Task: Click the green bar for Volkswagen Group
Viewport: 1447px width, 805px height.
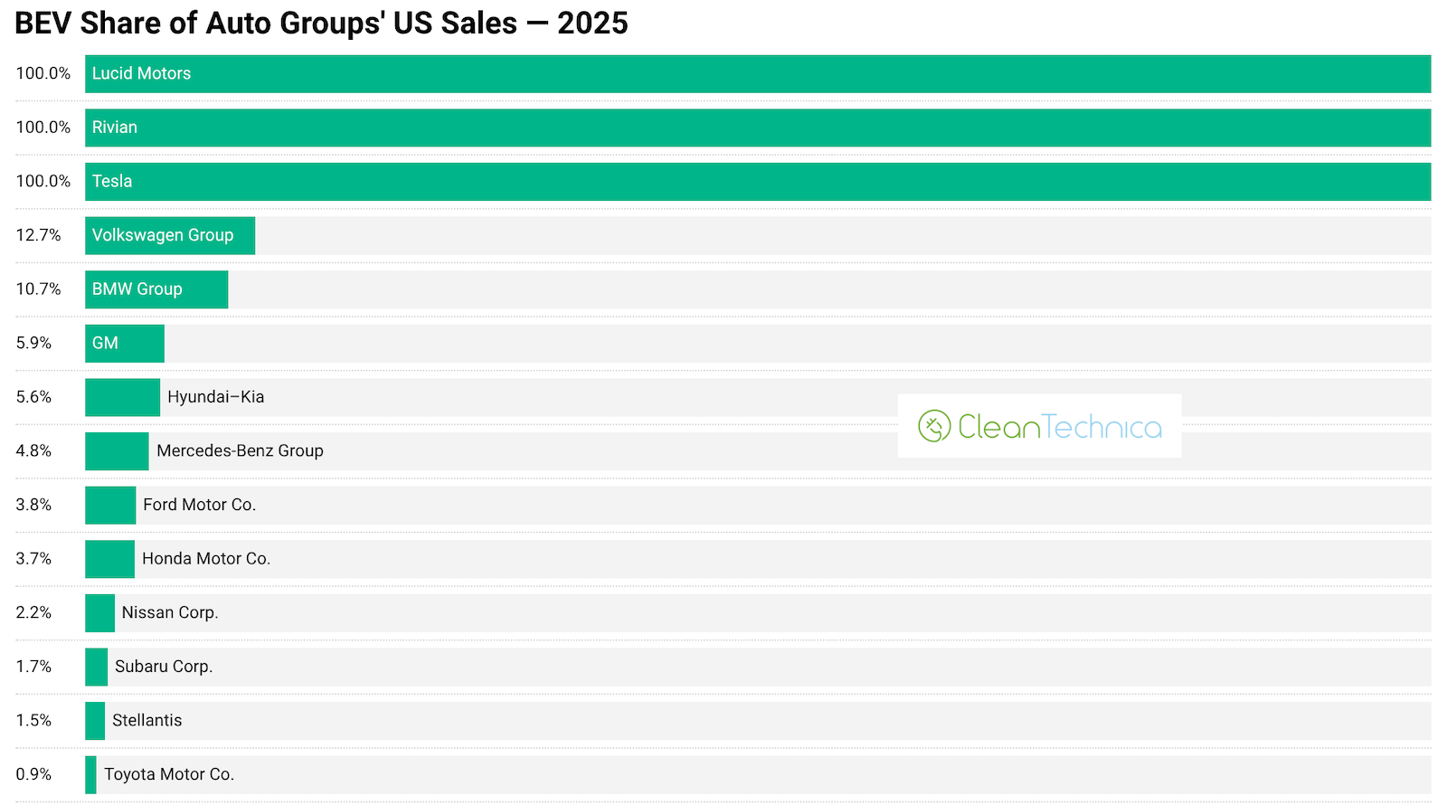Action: (x=170, y=235)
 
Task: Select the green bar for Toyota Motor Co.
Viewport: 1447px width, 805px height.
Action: (x=90, y=775)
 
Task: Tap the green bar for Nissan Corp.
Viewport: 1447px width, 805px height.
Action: (x=99, y=613)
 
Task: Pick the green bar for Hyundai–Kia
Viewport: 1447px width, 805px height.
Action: (x=122, y=398)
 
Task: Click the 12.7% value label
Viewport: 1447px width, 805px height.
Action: (x=38, y=235)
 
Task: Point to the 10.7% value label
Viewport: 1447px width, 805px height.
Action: (x=38, y=289)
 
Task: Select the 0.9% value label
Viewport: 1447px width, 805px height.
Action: (x=33, y=774)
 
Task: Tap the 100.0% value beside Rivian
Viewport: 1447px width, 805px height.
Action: (x=43, y=128)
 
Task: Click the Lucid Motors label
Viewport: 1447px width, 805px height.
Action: (x=141, y=74)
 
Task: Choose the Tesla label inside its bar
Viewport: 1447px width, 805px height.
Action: (x=112, y=182)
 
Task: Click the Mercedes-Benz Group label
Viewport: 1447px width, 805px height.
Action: (x=240, y=450)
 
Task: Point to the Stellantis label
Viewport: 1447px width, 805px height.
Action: (x=147, y=721)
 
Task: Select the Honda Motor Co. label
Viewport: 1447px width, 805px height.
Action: (x=206, y=559)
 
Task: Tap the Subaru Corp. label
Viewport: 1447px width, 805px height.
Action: (x=164, y=667)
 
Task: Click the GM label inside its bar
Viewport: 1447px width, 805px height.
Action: (x=105, y=344)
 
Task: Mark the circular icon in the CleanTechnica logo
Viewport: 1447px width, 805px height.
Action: (x=934, y=426)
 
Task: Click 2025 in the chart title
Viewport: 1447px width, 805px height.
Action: (x=592, y=23)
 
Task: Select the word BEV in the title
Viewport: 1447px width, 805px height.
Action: (x=43, y=23)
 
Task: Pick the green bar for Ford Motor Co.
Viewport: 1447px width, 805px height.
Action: (x=110, y=506)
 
